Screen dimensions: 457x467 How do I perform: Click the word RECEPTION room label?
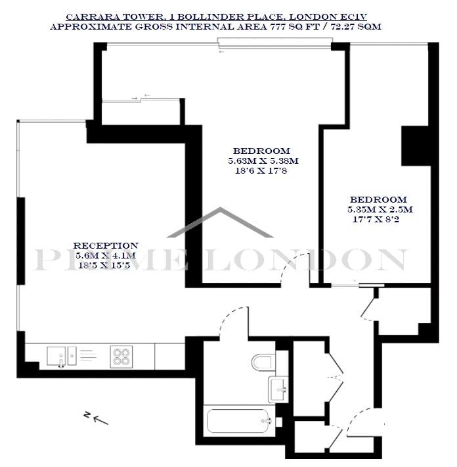click(106, 246)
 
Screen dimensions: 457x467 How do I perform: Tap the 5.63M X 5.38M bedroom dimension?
click(263, 161)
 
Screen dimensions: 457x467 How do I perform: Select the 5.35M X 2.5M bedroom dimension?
click(380, 209)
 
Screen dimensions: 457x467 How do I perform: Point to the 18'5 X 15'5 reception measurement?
click(104, 265)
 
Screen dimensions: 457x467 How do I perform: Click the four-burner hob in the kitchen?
click(121, 356)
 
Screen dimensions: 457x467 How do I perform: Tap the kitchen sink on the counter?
click(62, 356)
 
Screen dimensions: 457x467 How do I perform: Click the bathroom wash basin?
click(278, 389)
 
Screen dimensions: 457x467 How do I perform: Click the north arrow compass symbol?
click(97, 418)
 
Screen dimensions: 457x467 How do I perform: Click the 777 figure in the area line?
click(277, 26)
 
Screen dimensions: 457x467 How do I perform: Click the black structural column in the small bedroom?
click(416, 145)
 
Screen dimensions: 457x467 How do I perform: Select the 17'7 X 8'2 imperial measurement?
click(376, 220)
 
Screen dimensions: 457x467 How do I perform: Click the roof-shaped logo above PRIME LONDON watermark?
click(221, 222)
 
